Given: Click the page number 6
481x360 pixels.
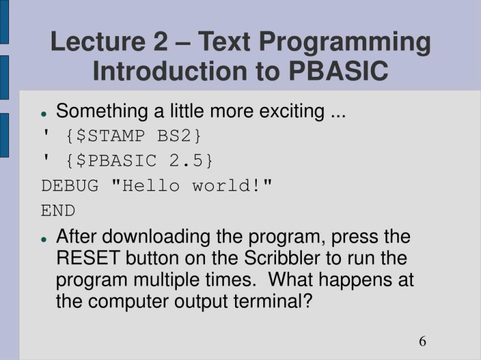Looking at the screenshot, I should click(423, 341).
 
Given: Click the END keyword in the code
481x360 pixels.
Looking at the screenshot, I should click(58, 211).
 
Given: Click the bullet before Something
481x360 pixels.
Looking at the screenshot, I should click(44, 114).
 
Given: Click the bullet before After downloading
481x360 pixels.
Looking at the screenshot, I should click(44, 239).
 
